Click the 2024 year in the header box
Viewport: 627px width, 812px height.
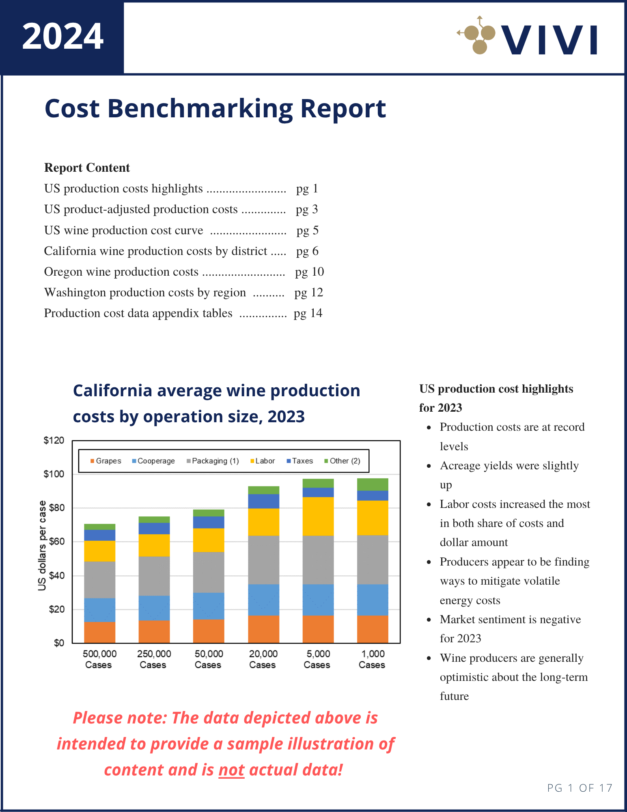coord(62,37)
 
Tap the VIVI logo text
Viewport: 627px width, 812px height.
coord(549,40)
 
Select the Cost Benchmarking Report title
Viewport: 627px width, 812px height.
coord(215,108)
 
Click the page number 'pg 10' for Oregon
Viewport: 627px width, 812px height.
coord(309,272)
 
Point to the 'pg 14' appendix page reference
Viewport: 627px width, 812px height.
coord(308,313)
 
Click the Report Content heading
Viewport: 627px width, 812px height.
coord(87,168)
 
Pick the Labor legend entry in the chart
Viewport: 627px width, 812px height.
coord(263,461)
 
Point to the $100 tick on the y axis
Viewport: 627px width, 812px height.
coord(54,474)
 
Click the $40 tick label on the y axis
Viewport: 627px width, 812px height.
coord(56,575)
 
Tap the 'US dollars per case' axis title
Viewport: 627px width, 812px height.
coord(42,545)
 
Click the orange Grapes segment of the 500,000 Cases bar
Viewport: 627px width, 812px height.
coord(99,632)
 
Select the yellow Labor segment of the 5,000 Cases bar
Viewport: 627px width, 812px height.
coord(318,516)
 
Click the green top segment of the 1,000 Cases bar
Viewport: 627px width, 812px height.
coord(373,484)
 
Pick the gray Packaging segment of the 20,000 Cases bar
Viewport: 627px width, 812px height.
coord(263,560)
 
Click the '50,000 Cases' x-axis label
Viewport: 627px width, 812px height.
coord(208,659)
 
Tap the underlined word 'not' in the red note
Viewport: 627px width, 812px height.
coord(231,770)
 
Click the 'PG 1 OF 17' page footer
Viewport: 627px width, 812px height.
coord(579,788)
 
